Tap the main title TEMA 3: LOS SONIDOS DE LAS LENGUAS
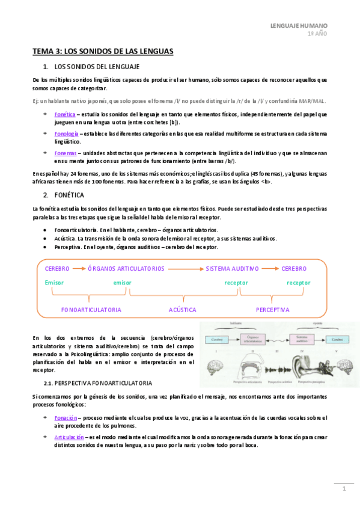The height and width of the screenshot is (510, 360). click(103, 52)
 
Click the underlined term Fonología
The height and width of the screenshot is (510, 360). click(66, 134)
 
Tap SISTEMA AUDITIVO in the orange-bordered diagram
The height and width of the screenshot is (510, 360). click(232, 269)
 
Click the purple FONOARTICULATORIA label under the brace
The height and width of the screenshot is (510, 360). click(91, 310)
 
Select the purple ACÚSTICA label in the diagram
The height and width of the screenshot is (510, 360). click(183, 310)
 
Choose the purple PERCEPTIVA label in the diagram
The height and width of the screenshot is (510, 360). click(272, 310)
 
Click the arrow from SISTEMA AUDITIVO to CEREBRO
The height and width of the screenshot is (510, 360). click(270, 269)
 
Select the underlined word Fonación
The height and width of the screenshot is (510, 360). click(65, 417)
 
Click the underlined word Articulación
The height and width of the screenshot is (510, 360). click(68, 437)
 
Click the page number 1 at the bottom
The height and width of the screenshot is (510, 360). click(345, 489)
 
